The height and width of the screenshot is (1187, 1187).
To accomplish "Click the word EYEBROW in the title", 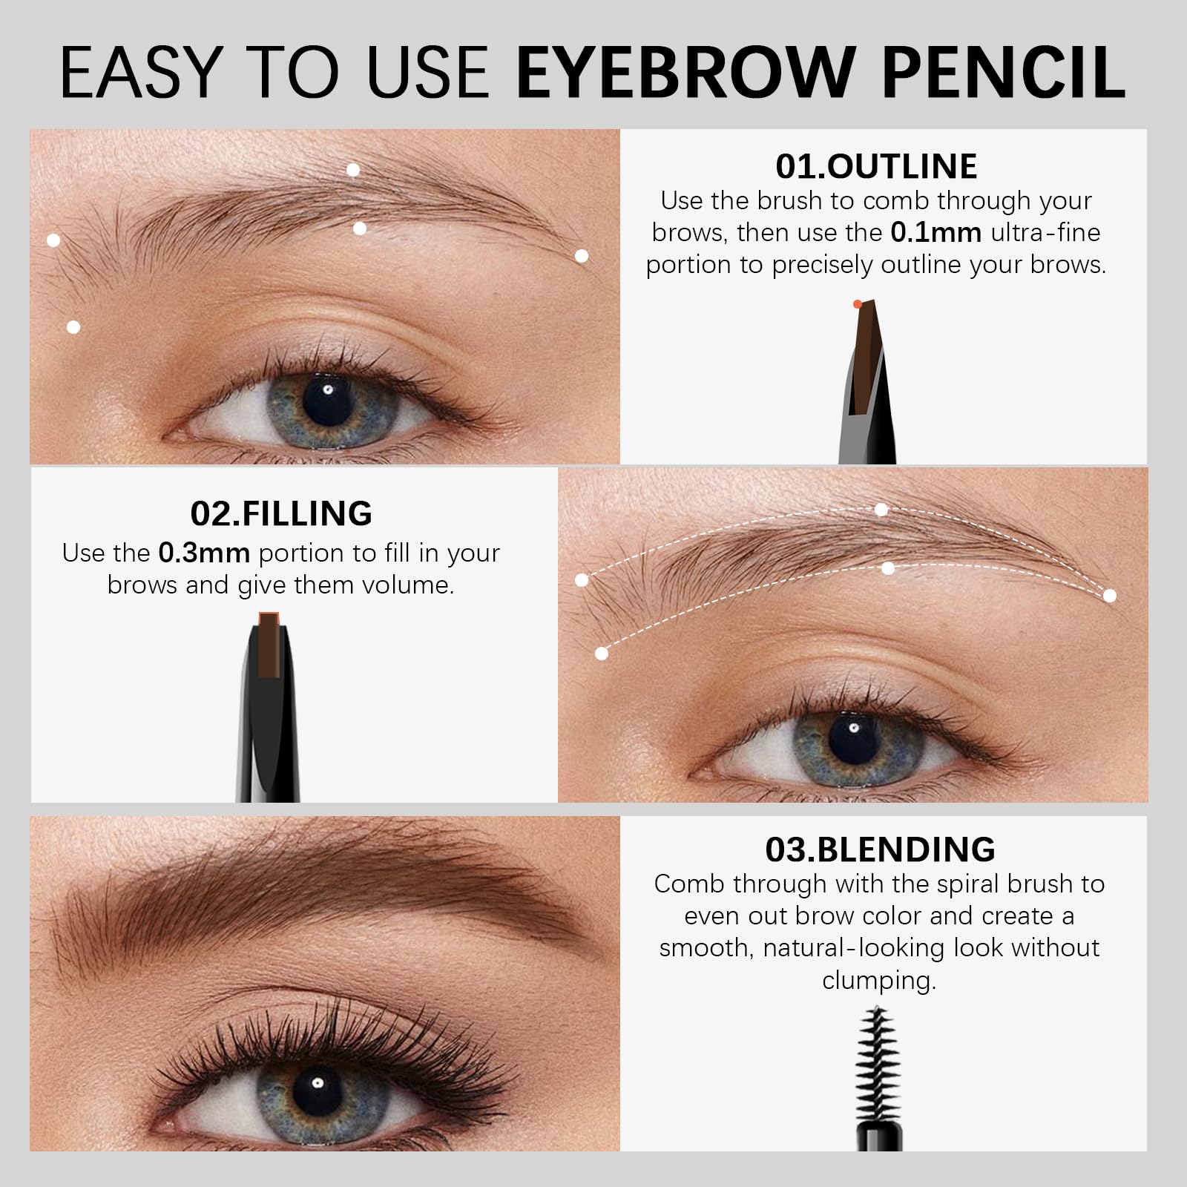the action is click(x=685, y=72).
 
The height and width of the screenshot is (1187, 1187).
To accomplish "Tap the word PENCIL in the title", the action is click(x=1004, y=72).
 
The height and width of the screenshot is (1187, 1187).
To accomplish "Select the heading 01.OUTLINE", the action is click(x=876, y=166).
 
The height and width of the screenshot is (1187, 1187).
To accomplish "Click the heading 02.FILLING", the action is click(x=281, y=513).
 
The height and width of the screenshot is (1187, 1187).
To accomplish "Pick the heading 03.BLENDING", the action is click(x=880, y=849).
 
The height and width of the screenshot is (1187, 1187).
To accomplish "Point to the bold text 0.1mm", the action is click(x=936, y=232).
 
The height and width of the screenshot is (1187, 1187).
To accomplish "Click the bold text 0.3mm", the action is click(x=204, y=553).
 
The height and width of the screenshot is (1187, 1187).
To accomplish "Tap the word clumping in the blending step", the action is click(x=879, y=981).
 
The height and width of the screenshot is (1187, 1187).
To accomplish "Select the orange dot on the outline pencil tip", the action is click(x=858, y=303).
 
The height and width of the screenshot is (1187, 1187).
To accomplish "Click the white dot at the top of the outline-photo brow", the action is click(x=353, y=170).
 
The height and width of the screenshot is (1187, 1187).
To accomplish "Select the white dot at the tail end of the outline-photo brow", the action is click(x=582, y=256).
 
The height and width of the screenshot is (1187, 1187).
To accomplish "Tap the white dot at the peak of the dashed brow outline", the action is click(x=881, y=510).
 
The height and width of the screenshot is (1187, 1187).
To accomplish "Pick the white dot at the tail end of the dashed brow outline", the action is click(x=1110, y=595).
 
